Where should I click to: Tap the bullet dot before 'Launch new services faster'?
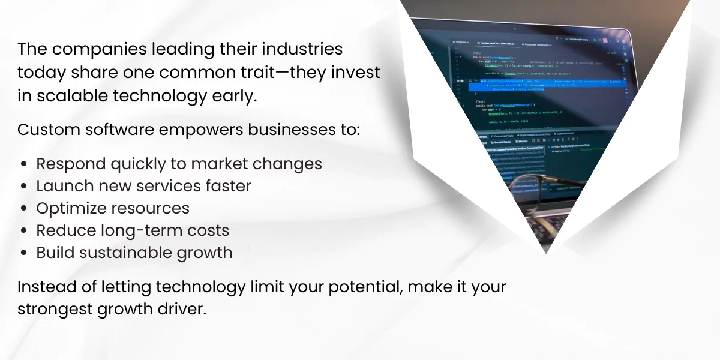pos(23,187)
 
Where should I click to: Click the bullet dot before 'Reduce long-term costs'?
pos(23,231)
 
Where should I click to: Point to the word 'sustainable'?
pos(125,253)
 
